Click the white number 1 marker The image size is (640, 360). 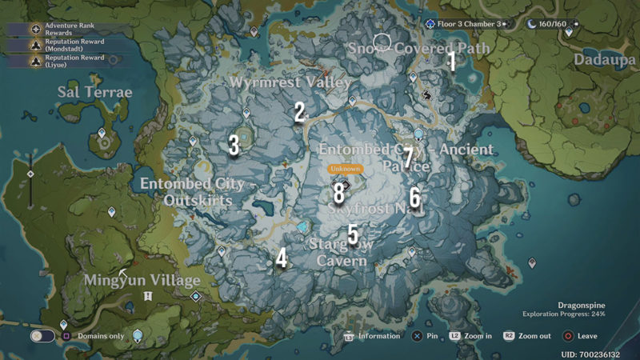[451, 61]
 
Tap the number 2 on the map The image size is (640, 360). [300, 112]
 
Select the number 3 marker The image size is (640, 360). [234, 145]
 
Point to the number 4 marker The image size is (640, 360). [282, 258]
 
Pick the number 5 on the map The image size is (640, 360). [353, 233]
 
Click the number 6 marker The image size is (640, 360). [414, 197]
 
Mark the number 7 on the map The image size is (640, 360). [408, 158]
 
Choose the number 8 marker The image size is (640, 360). [339, 192]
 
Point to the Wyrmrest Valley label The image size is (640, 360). [290, 82]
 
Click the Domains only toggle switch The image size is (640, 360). [42, 336]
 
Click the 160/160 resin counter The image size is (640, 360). [551, 24]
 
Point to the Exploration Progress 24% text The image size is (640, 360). [563, 314]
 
